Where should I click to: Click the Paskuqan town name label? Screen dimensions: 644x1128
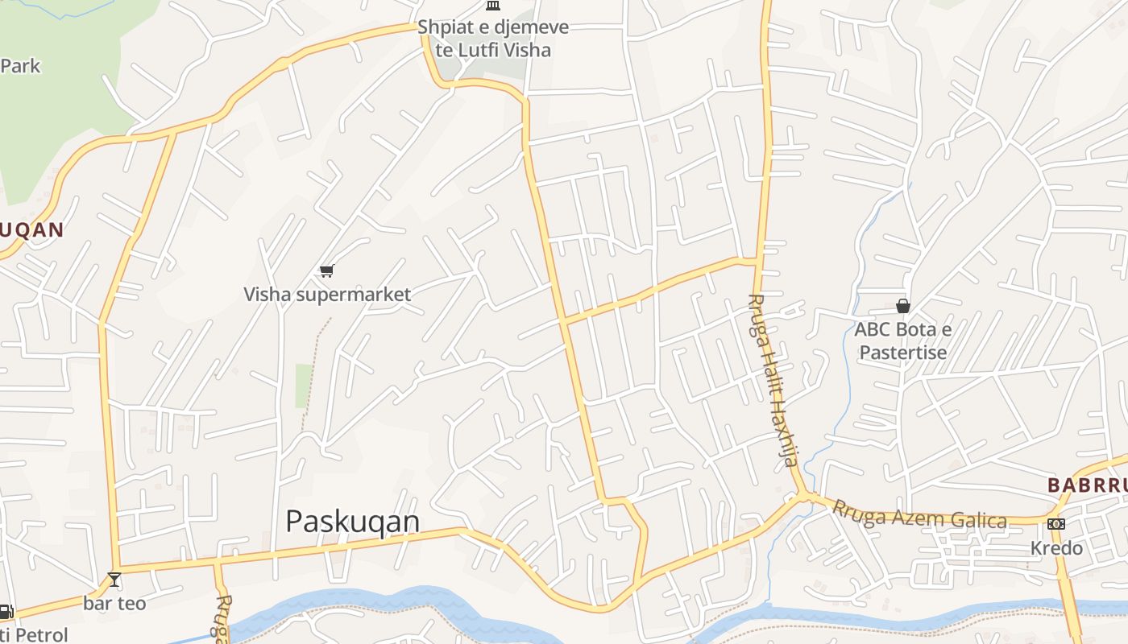pyautogui.click(x=352, y=522)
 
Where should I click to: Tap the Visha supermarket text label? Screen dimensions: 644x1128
pyautogui.click(x=327, y=295)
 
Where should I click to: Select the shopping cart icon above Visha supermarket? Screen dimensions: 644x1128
pyautogui.click(x=326, y=271)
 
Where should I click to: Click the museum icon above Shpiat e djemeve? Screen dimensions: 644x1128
pyautogui.click(x=492, y=6)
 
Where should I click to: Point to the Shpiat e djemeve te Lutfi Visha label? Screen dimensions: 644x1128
pyautogui.click(x=493, y=39)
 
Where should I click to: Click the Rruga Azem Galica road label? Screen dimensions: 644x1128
pyautogui.click(x=919, y=514)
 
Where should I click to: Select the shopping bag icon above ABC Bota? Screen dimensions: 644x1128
pyautogui.click(x=903, y=306)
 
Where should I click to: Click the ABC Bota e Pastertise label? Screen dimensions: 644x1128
pyautogui.click(x=903, y=341)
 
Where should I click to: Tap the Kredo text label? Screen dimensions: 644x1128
pyautogui.click(x=1056, y=548)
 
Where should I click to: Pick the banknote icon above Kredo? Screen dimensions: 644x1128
pyautogui.click(x=1056, y=524)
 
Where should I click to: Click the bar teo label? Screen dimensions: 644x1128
pyautogui.click(x=114, y=603)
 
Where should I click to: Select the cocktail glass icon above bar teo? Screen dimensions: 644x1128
pyautogui.click(x=114, y=579)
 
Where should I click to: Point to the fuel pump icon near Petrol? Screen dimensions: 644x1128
pyautogui.click(x=5, y=612)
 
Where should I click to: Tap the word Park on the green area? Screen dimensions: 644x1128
pyautogui.click(x=20, y=66)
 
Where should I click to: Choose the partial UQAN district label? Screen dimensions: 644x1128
pyautogui.click(x=31, y=230)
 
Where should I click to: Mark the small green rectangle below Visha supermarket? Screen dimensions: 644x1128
pyautogui.click(x=304, y=386)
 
